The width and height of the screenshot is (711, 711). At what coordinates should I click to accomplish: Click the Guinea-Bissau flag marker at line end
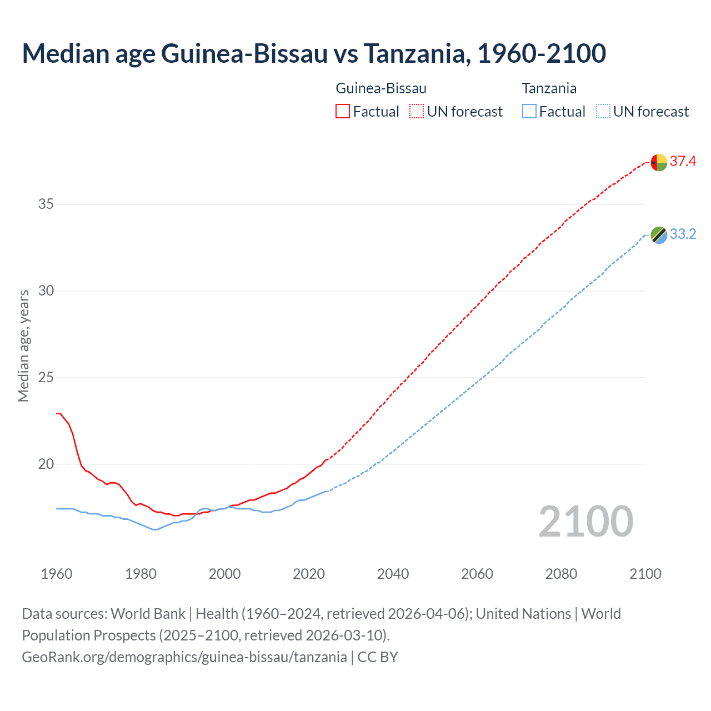point(659,162)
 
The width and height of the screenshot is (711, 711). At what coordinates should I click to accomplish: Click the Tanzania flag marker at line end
point(659,235)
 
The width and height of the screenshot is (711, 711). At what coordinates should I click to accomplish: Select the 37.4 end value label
point(683,162)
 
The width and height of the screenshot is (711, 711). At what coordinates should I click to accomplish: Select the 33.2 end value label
point(683,234)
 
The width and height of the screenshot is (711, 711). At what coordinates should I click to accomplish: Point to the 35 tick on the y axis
point(46,204)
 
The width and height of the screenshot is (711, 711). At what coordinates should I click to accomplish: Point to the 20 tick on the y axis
point(46,464)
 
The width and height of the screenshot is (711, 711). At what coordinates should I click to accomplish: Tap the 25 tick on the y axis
point(46,378)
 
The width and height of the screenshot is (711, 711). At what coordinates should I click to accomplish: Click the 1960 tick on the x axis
point(57,574)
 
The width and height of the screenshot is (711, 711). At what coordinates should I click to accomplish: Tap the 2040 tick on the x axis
point(393,574)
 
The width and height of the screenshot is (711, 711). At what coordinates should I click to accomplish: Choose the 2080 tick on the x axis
point(561,574)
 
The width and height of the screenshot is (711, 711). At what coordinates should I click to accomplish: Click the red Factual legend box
point(343,112)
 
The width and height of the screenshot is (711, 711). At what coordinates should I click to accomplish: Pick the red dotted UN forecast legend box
point(417,112)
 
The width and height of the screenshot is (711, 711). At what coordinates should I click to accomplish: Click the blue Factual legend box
point(529,112)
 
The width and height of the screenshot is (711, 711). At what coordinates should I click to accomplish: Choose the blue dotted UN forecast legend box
point(603,112)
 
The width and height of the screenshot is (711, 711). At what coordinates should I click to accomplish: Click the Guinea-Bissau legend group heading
point(381,88)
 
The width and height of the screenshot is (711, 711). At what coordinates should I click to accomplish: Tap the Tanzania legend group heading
point(549,88)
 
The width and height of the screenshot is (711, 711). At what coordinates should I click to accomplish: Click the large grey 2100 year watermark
point(585,522)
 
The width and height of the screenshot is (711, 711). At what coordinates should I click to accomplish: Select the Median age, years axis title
point(23,346)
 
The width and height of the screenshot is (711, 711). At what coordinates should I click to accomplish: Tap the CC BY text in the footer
point(378,657)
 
